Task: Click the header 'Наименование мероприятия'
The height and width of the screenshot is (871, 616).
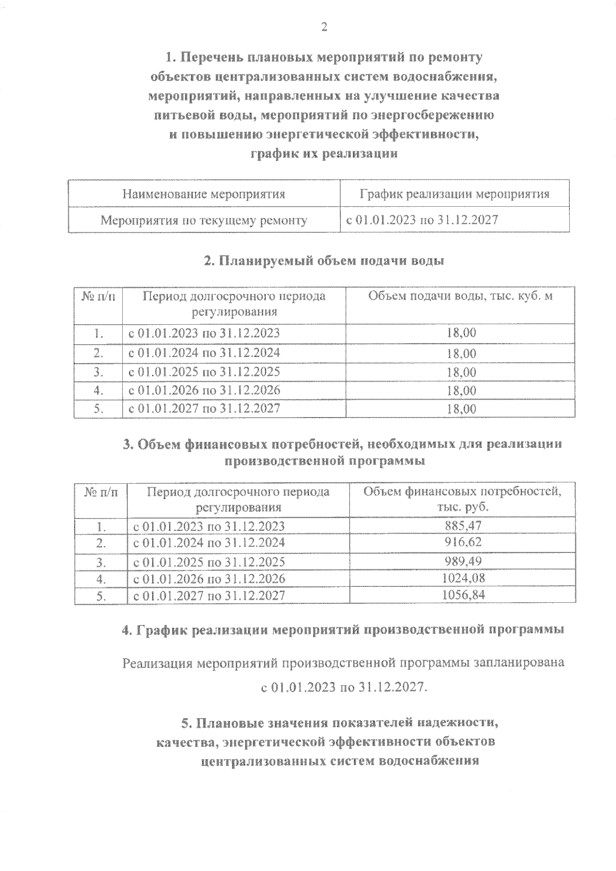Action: click(x=204, y=194)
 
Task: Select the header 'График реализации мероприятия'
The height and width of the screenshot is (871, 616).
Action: click(x=454, y=194)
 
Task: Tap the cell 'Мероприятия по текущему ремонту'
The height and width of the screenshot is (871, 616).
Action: click(x=204, y=221)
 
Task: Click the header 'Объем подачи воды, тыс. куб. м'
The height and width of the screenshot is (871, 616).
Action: click(x=460, y=296)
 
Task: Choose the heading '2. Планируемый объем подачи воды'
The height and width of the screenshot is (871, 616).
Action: click(x=324, y=261)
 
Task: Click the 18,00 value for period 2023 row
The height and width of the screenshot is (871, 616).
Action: click(x=461, y=333)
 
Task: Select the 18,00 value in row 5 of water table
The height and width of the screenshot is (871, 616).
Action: click(x=461, y=409)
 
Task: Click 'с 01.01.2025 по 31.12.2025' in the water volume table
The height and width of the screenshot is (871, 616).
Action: click(x=204, y=371)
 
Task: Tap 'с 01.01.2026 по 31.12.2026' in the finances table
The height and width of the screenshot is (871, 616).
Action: click(x=209, y=579)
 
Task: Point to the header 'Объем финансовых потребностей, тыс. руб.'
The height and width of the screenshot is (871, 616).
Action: click(x=462, y=499)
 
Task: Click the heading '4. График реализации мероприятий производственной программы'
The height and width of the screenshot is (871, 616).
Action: click(x=342, y=630)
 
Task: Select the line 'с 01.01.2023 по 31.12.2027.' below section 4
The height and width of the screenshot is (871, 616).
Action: click(x=343, y=687)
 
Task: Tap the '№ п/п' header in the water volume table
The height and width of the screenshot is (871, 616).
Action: click(x=98, y=297)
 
